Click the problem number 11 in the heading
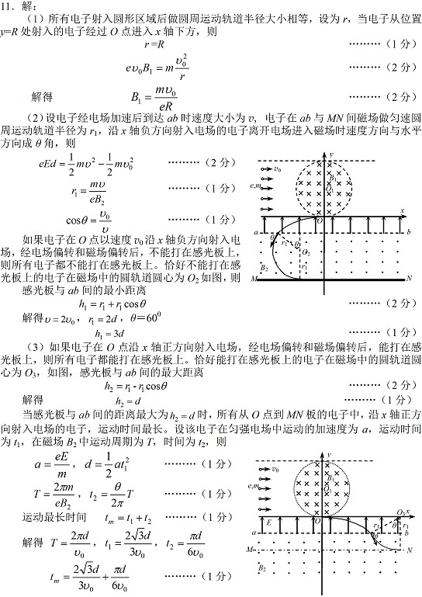tap(9, 6)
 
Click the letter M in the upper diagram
tap(254, 277)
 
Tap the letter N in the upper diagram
tap(409, 276)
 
